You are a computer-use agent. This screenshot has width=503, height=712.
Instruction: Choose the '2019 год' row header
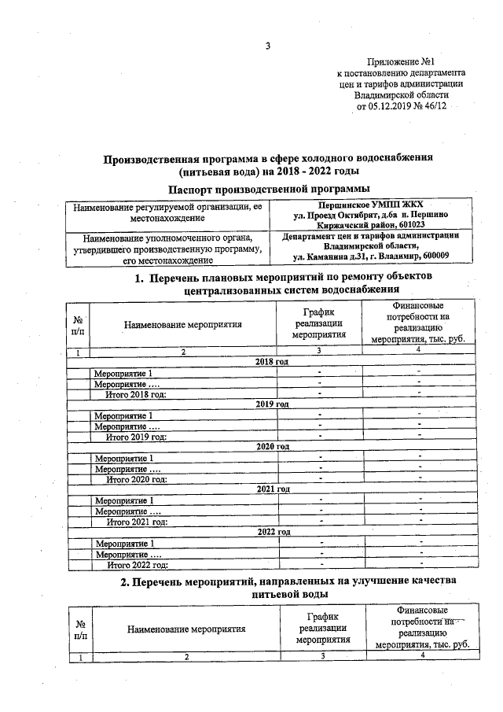point(273,404)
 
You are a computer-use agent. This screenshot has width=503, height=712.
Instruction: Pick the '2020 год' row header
point(273,446)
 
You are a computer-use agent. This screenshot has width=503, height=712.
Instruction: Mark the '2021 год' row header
point(273,489)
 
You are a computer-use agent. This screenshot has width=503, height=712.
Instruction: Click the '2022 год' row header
point(273,532)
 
